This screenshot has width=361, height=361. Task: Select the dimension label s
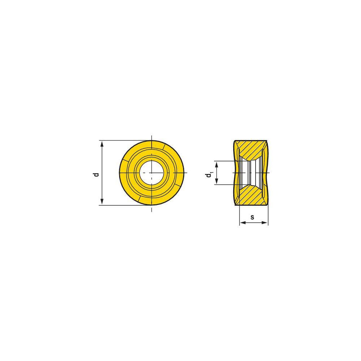(x=252, y=217)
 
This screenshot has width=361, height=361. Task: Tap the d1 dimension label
(x=209, y=175)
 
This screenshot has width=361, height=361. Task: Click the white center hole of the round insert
(x=152, y=173)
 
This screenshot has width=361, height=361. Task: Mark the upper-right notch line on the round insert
(x=164, y=146)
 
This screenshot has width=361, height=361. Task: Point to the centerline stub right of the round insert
(x=186, y=173)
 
